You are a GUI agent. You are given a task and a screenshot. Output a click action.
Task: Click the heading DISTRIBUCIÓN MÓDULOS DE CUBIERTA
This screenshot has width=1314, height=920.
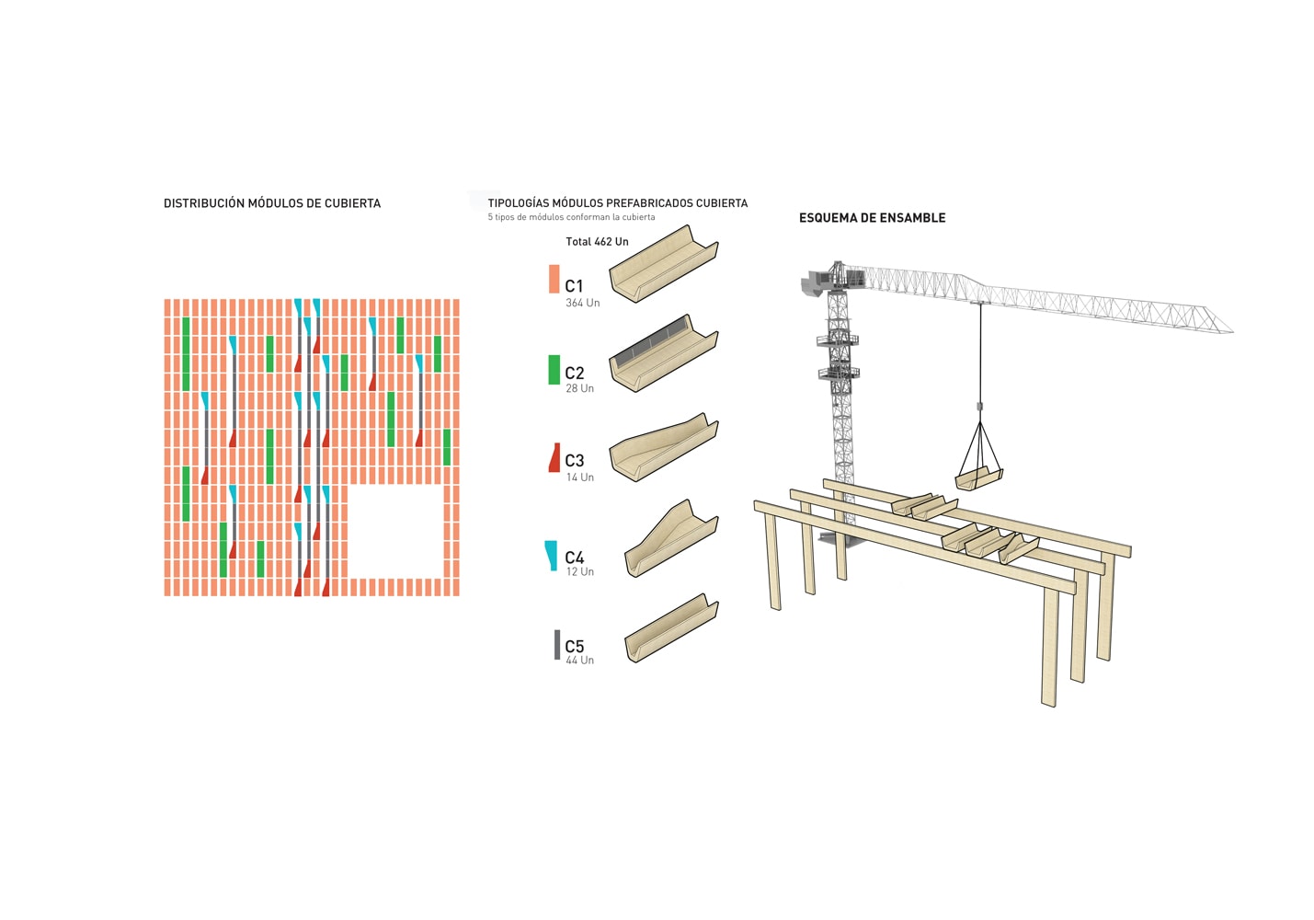coord(271,203)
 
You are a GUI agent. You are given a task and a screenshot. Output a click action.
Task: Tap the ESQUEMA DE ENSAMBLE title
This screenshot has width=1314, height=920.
coord(872,218)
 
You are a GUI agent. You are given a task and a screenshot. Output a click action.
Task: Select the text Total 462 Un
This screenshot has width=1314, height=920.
coord(597,242)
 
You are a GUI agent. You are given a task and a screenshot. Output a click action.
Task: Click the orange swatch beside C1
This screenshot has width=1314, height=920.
coord(554,279)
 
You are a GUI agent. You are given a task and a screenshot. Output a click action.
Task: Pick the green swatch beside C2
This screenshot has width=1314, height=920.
coord(554,369)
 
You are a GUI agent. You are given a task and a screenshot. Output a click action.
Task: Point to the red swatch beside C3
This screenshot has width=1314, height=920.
coord(554,458)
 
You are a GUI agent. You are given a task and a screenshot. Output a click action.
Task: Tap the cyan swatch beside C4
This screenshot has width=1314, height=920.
coord(551,555)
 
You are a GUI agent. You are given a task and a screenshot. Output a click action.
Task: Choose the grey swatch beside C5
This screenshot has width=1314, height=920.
coord(556,644)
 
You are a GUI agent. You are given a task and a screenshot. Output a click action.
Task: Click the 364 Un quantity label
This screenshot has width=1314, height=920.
coord(582,303)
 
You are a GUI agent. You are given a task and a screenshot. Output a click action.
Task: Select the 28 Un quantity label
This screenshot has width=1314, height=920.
coord(579,389)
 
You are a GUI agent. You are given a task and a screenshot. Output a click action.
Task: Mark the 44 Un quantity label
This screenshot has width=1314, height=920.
coord(579,661)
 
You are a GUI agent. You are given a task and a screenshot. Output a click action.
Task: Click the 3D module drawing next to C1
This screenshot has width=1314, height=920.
coord(663,264)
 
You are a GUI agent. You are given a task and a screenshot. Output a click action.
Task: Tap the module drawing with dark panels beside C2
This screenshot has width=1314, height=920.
coord(663,352)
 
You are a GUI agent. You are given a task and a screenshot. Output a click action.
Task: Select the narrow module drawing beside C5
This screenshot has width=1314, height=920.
coord(670,628)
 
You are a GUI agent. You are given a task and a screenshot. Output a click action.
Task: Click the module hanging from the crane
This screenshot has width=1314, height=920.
coord(978,478)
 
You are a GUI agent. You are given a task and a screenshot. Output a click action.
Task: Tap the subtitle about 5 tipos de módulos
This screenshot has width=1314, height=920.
coord(571,218)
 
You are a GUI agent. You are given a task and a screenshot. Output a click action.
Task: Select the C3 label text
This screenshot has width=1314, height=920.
coord(575,461)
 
